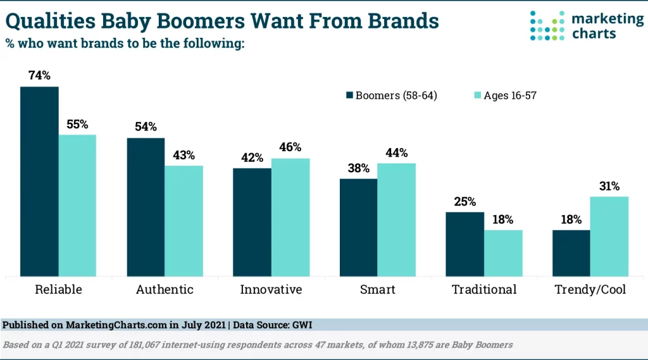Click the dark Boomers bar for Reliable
point(39,181)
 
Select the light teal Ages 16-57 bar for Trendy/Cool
point(609,236)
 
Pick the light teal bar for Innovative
point(290,217)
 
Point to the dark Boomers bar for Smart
point(359,227)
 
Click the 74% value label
point(39,76)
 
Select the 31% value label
point(609,186)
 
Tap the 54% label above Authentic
point(146,127)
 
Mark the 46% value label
point(290,147)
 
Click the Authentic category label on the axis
point(165,290)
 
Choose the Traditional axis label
point(484,290)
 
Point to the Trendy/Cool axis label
point(590,290)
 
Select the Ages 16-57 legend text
point(510,96)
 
